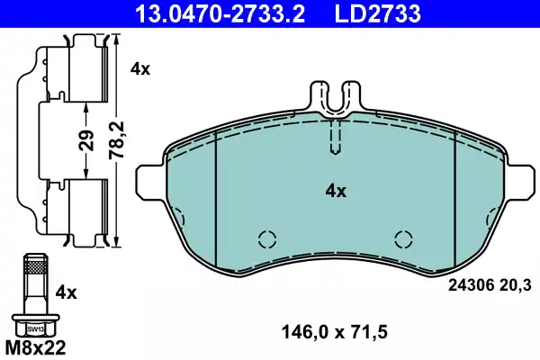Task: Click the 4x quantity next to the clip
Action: click(x=139, y=68)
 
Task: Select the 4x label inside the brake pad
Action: click(x=335, y=191)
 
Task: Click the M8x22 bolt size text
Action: click(x=35, y=346)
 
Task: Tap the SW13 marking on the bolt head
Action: click(x=35, y=329)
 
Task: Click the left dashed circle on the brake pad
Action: click(x=266, y=239)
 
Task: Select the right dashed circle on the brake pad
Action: click(x=404, y=239)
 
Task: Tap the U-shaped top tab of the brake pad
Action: click(x=335, y=97)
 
